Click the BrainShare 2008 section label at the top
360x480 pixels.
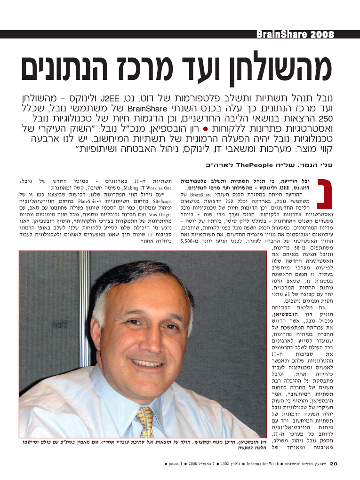(x=295, y=35)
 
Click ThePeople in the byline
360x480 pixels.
(x=250, y=165)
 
